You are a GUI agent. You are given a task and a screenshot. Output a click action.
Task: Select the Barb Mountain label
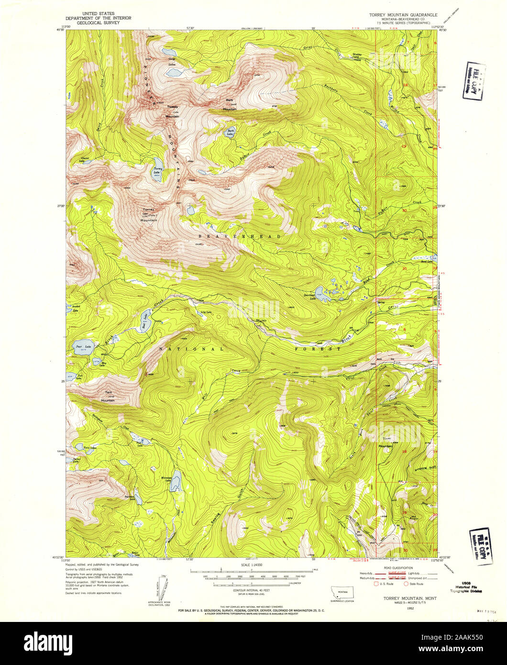click(230, 104)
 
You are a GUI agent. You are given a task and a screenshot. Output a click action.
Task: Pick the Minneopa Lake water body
click(176, 480)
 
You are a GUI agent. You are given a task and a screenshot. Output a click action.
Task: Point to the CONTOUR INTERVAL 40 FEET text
click(253, 589)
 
